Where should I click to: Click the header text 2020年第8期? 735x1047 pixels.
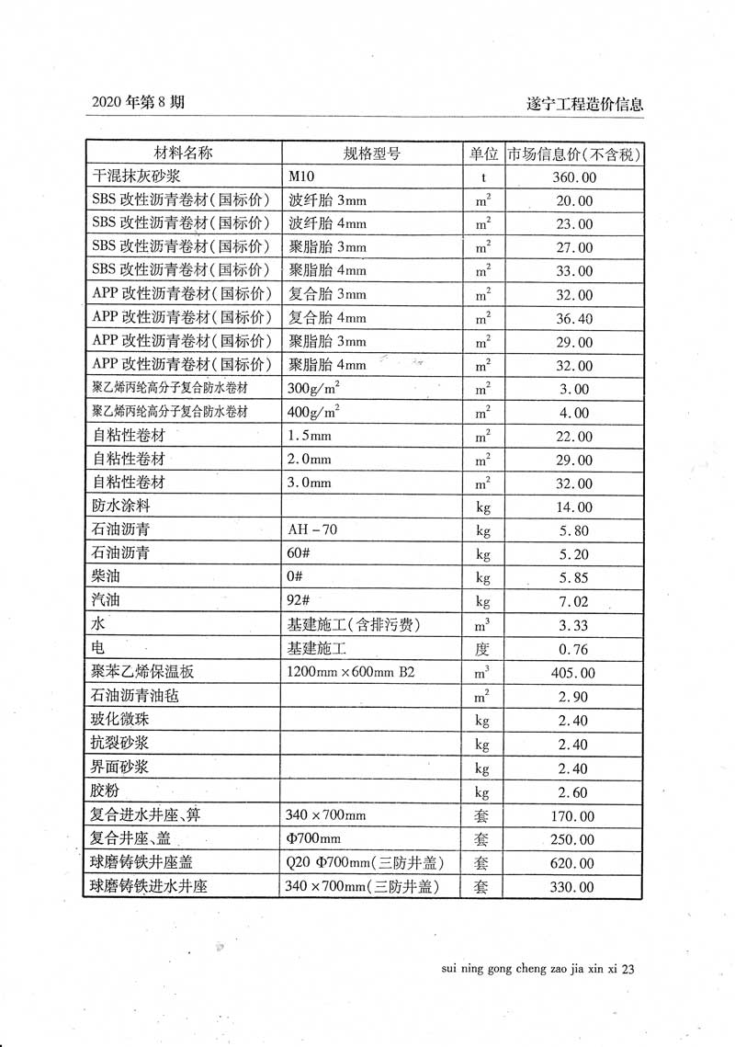coord(139,103)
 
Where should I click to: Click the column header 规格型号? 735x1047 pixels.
coord(372,154)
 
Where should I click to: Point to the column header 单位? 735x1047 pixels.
coord(483,154)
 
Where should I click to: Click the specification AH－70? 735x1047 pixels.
coord(317,530)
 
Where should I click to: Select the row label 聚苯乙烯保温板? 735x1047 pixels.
coord(143,673)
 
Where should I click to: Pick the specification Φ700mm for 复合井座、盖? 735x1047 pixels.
coord(314,839)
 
